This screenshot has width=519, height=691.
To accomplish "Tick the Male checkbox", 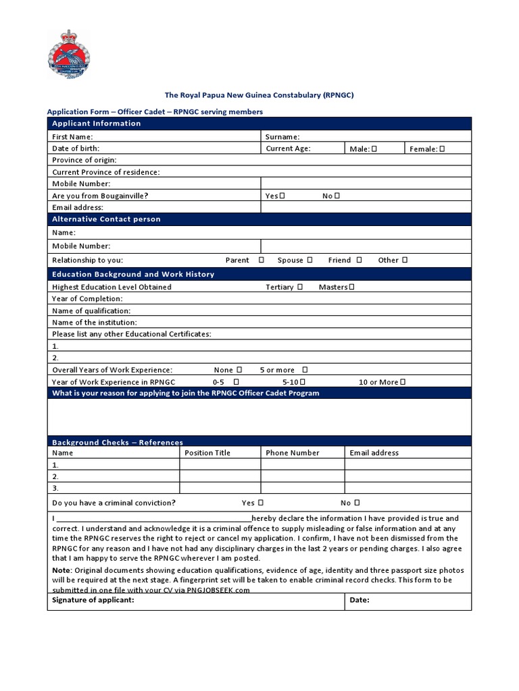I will pyautogui.click(x=374, y=149).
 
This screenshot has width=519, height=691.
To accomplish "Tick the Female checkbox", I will pyautogui.click(x=443, y=149).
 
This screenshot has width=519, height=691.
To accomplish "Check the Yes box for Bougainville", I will pyautogui.click(x=282, y=196).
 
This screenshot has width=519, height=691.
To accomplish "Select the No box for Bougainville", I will pyautogui.click(x=337, y=196).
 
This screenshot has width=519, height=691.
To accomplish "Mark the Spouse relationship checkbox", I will pyautogui.click(x=310, y=260).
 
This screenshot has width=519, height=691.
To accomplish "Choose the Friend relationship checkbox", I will pyautogui.click(x=360, y=260).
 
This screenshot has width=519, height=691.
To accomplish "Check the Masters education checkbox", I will pyautogui.click(x=351, y=287).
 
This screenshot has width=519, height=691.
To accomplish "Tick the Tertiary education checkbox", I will pyautogui.click(x=300, y=287).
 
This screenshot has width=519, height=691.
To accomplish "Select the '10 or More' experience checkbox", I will pyautogui.click(x=403, y=382).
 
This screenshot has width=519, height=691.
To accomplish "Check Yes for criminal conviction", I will pyautogui.click(x=261, y=503).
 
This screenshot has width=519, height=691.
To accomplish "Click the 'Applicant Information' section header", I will pyautogui.click(x=97, y=123).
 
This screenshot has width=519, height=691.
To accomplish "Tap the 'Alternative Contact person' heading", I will pyautogui.click(x=106, y=219).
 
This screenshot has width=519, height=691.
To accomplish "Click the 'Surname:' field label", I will pyautogui.click(x=282, y=137).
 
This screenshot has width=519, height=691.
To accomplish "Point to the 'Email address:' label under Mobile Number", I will pyautogui.click(x=78, y=208).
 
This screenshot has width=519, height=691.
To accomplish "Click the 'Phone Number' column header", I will pyautogui.click(x=293, y=453).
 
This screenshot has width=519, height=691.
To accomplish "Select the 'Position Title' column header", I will pyautogui.click(x=207, y=453).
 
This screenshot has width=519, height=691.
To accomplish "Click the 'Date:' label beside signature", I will pyautogui.click(x=360, y=600).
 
